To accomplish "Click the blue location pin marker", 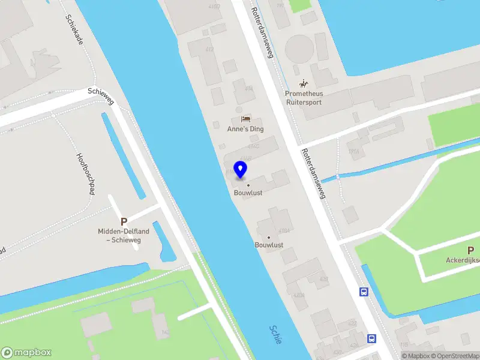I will click(241, 170).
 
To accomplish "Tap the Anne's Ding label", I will click(245, 129).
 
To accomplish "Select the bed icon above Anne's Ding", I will click(245, 119).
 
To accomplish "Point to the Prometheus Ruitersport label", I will click(304, 98).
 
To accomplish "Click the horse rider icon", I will click(304, 83).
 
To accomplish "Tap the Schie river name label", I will click(276, 334).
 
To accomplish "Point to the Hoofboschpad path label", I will click(86, 173).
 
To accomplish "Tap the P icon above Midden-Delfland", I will click(124, 222).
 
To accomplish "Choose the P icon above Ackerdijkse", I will click(470, 250).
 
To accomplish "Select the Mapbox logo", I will click(26, 352).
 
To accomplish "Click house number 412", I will click(209, 49).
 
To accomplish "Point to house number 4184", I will click(284, 231).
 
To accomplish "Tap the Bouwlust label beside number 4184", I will click(269, 245).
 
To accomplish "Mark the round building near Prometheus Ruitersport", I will click(299, 49).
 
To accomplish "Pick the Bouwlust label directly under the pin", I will click(248, 193).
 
